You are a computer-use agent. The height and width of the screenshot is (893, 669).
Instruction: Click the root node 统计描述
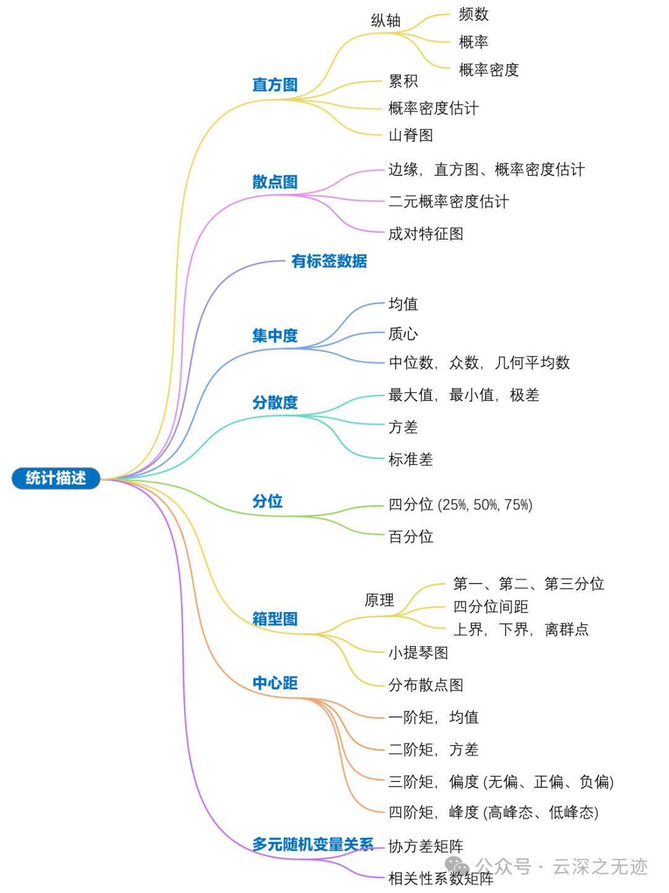pos(56,478)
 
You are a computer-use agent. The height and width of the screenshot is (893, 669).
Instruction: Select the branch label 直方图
pos(275,85)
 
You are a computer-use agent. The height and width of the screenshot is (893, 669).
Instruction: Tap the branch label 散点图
pos(275,182)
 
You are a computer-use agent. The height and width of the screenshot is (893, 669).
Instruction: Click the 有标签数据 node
pos(329,261)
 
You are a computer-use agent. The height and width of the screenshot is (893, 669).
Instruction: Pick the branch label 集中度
pos(275,336)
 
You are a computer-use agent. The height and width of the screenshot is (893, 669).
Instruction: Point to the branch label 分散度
pos(275,403)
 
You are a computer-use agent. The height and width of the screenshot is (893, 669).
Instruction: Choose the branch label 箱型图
pos(275,619)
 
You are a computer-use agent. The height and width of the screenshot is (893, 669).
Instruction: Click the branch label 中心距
pos(275,683)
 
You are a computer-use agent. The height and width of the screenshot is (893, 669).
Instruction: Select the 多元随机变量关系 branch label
pos(313,845)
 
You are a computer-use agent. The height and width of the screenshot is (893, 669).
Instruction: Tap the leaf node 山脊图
pos(411,136)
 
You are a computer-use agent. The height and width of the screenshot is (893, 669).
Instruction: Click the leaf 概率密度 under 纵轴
pos(489,70)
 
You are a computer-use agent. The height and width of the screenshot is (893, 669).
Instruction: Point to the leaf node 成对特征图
pos(426,234)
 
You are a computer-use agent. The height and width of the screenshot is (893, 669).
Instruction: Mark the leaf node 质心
pos(403,334)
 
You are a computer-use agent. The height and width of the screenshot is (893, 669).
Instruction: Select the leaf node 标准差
pos(411,459)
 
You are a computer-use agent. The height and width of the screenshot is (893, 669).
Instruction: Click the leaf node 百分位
pos(411,537)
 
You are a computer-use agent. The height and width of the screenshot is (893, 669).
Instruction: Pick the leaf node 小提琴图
pos(418,653)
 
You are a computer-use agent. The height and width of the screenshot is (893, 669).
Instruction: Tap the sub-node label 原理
pos(379,600)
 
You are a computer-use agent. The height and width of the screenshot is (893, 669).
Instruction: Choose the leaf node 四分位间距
pos(491,606)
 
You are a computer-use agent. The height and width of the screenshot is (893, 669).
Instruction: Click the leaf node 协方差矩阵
pos(426,847)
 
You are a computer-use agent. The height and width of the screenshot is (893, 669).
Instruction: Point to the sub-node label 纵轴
pos(386,21)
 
